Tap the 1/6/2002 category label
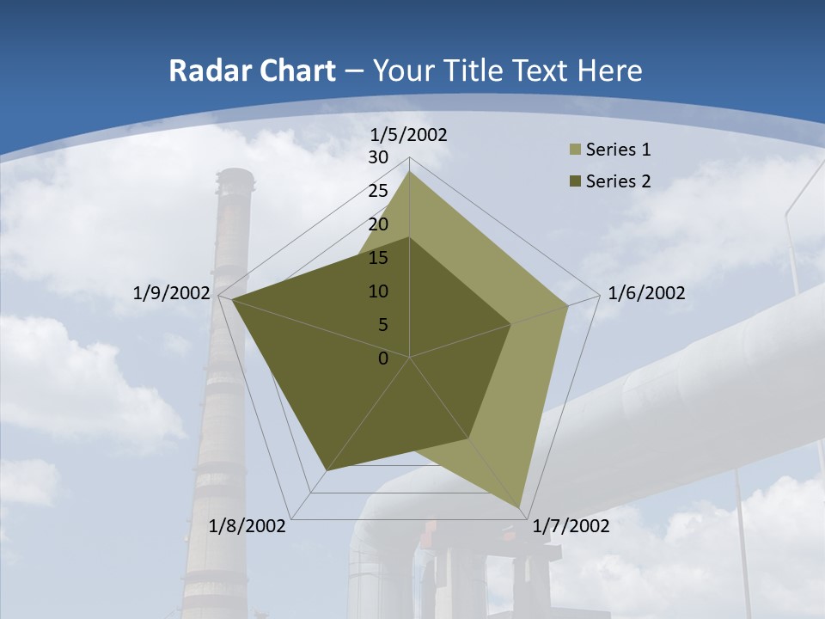pos(646,293)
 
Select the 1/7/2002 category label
pos(571,526)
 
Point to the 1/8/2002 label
pos(247,526)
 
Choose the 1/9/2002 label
pos(171,293)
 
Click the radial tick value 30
pos(378,157)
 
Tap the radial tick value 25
pos(378,191)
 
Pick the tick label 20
pos(378,224)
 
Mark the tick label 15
pos(378,258)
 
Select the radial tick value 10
pos(378,291)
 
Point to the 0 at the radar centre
pos(383,359)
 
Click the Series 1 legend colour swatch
pos(574,150)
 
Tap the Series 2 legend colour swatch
pos(574,181)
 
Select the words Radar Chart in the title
pos(252,70)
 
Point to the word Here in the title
pos(609,70)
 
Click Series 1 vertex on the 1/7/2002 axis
pos(520,508)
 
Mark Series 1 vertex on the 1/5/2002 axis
pos(409,172)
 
